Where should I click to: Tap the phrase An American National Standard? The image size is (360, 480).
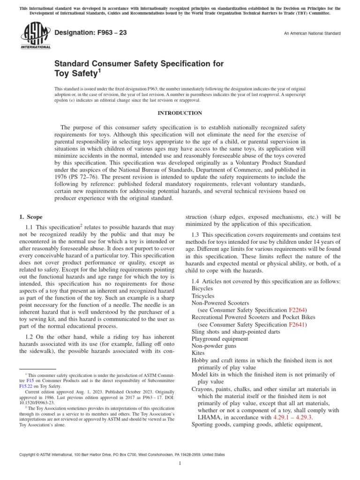pyautogui.click(x=311, y=34)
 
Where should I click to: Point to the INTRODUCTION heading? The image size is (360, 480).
pyautogui.click(x=180, y=113)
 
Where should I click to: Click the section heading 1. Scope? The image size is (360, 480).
pyautogui.click(x=30, y=217)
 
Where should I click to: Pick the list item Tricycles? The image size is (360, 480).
pyautogui.click(x=203, y=296)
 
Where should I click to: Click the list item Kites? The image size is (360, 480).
pyautogui.click(x=198, y=352)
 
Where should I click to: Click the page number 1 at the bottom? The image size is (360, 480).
pyautogui.click(x=180, y=464)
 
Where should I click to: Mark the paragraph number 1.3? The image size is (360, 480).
pyautogui.click(x=197, y=234)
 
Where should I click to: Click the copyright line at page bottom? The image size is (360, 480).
pyautogui.click(x=121, y=455)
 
